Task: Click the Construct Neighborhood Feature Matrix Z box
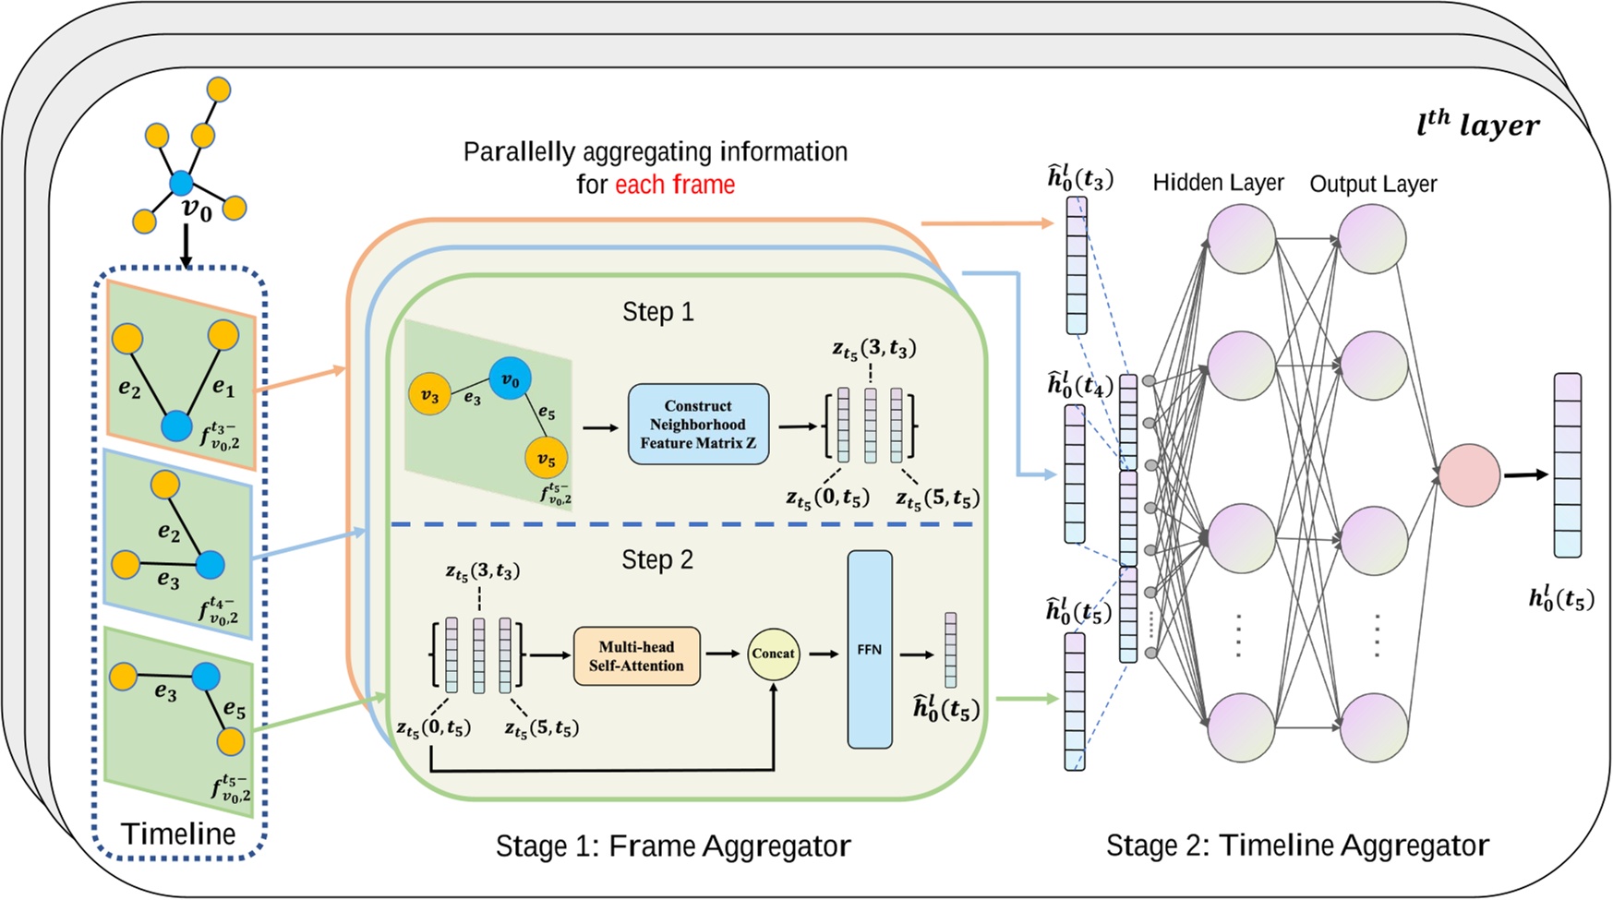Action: (698, 425)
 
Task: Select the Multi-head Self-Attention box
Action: (636, 656)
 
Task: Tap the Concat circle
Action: (773, 654)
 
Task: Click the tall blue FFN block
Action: (870, 650)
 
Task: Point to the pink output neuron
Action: (1469, 475)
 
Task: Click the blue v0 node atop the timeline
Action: (181, 184)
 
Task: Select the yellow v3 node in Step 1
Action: (429, 395)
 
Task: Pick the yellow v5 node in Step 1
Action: (547, 459)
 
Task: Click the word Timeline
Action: (178, 834)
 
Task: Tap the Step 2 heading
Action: (657, 560)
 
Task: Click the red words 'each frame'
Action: (675, 185)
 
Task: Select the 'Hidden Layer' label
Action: (1218, 183)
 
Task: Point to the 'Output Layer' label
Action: (1373, 184)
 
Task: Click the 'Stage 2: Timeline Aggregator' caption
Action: (1297, 846)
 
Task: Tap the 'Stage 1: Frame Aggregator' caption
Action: (673, 846)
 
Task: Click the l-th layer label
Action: (1477, 125)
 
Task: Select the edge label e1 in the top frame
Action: (223, 387)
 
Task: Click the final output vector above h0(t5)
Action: (1567, 465)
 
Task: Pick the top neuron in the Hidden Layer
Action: (1242, 239)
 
